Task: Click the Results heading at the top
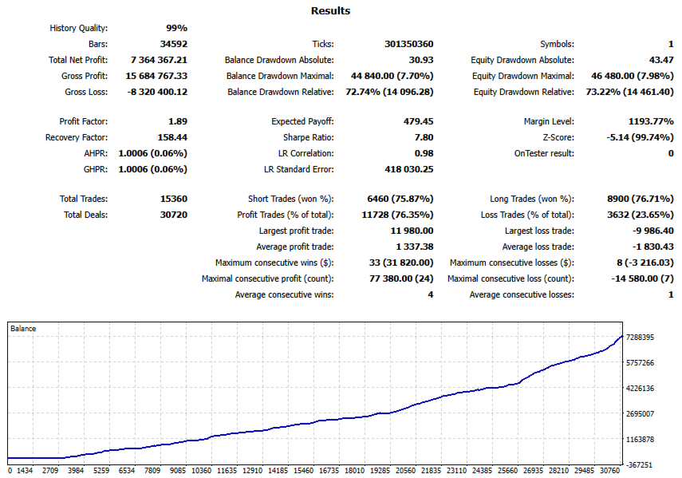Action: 329,11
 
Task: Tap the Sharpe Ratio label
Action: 306,137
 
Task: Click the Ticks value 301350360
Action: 408,44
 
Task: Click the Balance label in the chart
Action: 22,328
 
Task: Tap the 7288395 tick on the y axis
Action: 641,338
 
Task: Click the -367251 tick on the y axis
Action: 641,464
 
